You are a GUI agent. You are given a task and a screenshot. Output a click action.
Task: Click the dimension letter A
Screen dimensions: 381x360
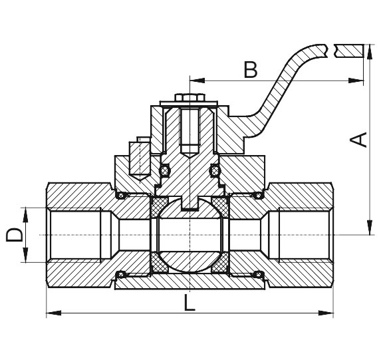point(358,140)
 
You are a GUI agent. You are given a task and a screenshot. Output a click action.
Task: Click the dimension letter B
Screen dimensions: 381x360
point(250,70)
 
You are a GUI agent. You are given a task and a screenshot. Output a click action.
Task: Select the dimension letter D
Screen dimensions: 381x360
point(14,235)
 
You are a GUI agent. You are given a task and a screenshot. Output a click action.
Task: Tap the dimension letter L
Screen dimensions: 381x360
point(190,303)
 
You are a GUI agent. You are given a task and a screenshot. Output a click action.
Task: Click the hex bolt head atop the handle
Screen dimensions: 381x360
point(190,97)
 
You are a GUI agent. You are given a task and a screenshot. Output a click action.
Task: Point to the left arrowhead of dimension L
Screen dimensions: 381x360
point(54,313)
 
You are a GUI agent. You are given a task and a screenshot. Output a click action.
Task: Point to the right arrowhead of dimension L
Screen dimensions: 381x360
point(326,313)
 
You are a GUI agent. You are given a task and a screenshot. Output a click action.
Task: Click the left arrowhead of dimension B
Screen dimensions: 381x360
point(197,81)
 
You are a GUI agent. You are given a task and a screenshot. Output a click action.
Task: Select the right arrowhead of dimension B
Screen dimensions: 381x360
point(356,81)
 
